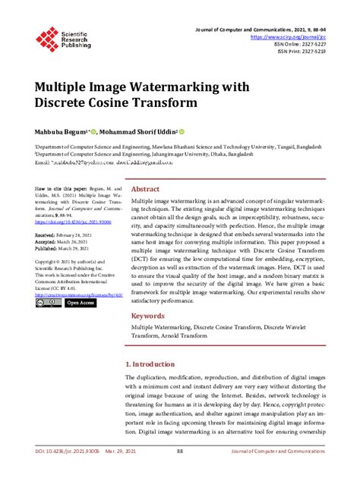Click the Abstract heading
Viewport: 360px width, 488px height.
click(145, 189)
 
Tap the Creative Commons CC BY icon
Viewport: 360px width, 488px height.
click(47, 303)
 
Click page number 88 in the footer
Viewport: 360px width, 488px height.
click(180, 472)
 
